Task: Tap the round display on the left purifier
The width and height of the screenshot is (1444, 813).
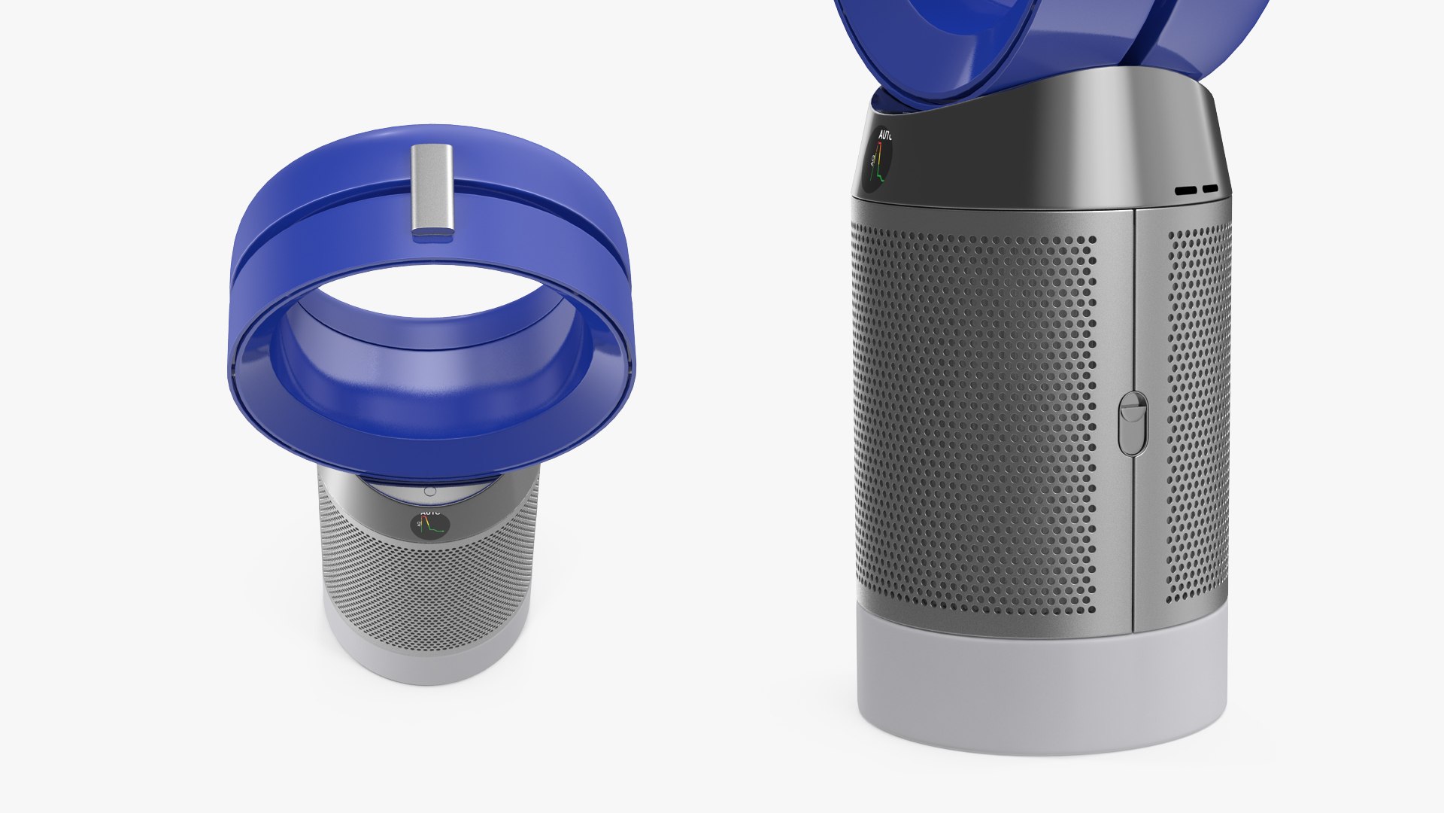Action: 429,525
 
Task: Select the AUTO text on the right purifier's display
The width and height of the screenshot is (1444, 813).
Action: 884,136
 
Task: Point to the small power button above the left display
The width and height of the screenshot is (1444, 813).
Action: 429,491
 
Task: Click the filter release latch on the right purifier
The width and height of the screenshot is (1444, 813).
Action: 1132,423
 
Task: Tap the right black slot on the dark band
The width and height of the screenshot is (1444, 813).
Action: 1209,190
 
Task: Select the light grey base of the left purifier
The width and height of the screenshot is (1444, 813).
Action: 429,662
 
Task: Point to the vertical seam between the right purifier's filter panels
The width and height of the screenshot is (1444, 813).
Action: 1133,527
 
